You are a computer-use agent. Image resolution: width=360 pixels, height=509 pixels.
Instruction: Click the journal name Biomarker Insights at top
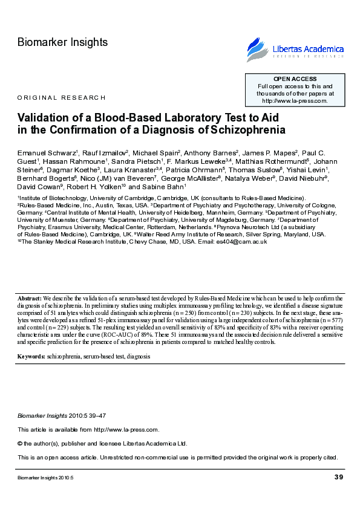tap(63, 42)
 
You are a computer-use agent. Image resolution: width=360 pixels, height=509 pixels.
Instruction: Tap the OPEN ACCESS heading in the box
tap(295, 79)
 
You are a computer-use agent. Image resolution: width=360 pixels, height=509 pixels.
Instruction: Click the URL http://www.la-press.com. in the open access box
tap(295, 101)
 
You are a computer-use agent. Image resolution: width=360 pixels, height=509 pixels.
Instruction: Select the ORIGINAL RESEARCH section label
tap(61, 97)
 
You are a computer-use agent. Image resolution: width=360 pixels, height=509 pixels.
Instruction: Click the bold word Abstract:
tap(30, 299)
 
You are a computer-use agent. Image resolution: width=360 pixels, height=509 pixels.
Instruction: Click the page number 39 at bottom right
tap(338, 478)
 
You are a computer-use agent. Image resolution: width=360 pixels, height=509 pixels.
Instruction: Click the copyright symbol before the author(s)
tap(20, 443)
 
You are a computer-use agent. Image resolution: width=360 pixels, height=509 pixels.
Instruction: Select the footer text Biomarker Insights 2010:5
tap(45, 478)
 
